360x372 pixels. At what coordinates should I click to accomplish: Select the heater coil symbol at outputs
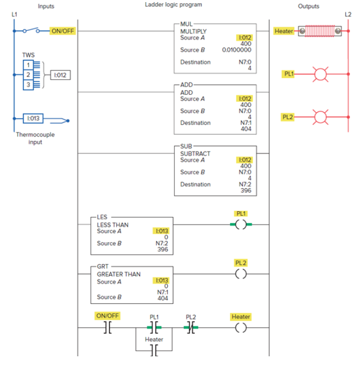[x=319, y=31]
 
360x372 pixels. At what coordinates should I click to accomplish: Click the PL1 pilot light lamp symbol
[x=320, y=74]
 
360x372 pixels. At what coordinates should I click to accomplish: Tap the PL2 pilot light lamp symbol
[x=320, y=117]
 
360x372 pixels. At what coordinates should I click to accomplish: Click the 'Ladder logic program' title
[x=173, y=5]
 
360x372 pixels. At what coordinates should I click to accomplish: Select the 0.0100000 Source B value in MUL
[x=236, y=50]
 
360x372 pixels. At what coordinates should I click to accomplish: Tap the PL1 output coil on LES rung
[x=241, y=224]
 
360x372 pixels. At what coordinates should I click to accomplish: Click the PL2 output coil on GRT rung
[x=241, y=273]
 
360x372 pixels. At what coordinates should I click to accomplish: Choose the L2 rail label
[x=348, y=14]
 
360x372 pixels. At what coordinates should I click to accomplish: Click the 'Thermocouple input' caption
[x=35, y=138]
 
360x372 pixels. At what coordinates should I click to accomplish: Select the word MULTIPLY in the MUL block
[x=193, y=31]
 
